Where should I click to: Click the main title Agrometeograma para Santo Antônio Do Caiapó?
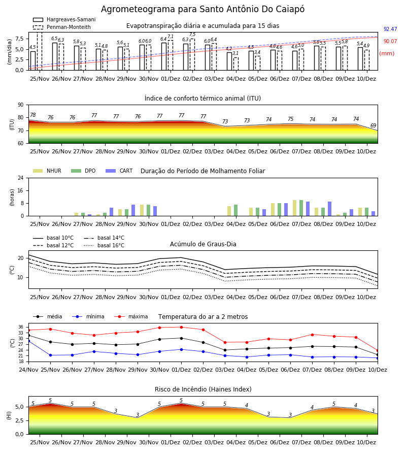pyautogui.click(x=202, y=9)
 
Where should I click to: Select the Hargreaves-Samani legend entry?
pyautogui.click(x=64, y=19)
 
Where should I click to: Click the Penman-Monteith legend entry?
pyautogui.click(x=62, y=27)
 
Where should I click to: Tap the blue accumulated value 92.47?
pyautogui.click(x=390, y=29)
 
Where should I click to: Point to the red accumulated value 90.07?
pyautogui.click(x=390, y=42)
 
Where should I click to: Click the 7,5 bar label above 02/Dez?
pyautogui.click(x=192, y=35)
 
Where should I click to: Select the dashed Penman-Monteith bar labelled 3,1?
pyautogui.click(x=236, y=64)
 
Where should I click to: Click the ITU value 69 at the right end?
pyautogui.click(x=373, y=125)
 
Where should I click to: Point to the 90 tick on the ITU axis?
pyautogui.click(x=21, y=105)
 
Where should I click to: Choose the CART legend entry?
pyautogui.click(x=119, y=171)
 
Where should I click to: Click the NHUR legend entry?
pyautogui.click(x=47, y=171)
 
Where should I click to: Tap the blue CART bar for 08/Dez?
pyautogui.click(x=330, y=209)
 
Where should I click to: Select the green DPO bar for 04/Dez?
pyautogui.click(x=235, y=210)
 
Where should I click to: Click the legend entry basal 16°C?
pyautogui.click(x=104, y=245)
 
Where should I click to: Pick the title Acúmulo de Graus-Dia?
pyautogui.click(x=203, y=244)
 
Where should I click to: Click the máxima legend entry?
pyautogui.click(x=131, y=316)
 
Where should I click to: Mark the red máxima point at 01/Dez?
pyautogui.click(x=182, y=328)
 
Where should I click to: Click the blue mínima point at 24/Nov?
pyautogui.click(x=28, y=341)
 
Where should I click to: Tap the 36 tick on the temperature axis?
pyautogui.click(x=21, y=327)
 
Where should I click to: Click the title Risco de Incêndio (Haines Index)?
pyautogui.click(x=203, y=389)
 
